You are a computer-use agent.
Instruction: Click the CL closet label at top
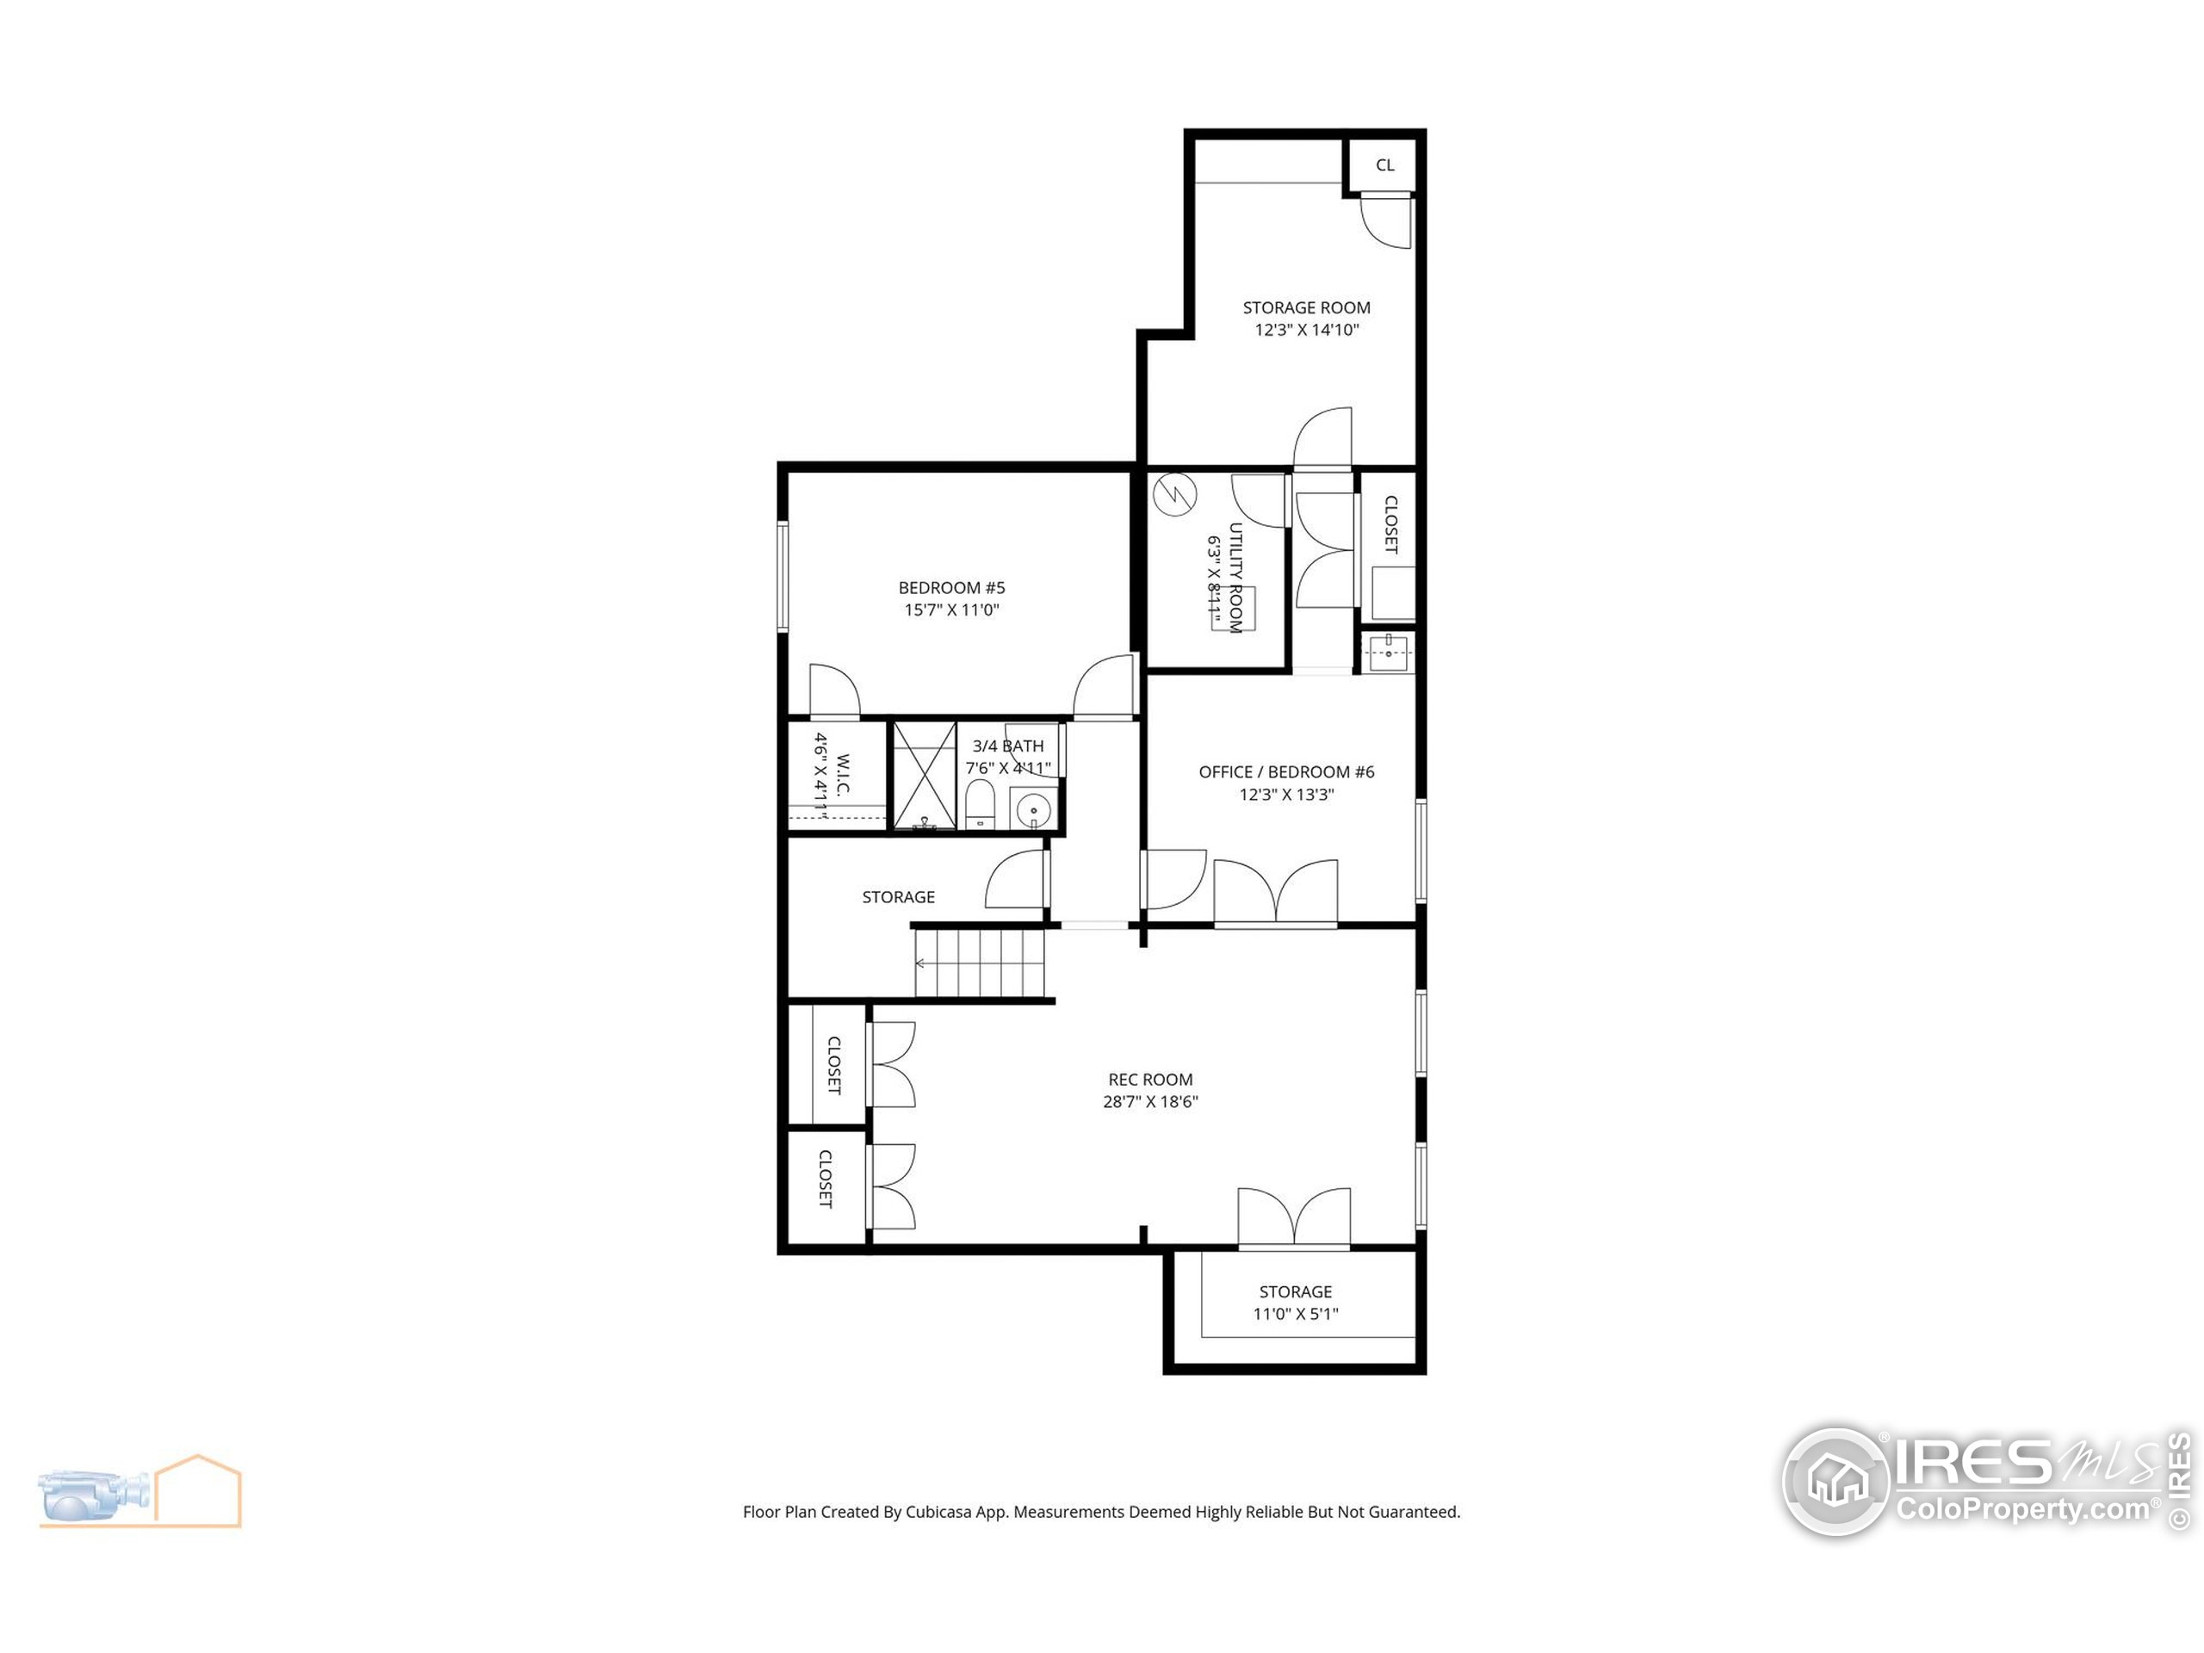click(1384, 165)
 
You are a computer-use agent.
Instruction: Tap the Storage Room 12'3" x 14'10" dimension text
click(1305, 330)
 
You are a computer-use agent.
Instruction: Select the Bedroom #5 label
click(951, 588)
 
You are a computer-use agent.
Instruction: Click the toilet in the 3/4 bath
click(981, 803)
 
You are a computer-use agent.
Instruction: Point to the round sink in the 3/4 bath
click(1033, 808)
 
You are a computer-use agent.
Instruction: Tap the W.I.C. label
click(843, 775)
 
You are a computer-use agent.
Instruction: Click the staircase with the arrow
click(981, 963)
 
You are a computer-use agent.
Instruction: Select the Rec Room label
click(1150, 1079)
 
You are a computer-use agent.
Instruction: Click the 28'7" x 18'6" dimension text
click(1150, 1102)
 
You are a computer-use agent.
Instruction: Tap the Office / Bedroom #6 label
click(1285, 772)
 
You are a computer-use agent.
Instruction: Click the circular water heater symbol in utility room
click(1174, 495)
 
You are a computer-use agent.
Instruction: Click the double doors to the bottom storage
click(1293, 1217)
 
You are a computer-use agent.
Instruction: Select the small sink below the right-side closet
click(1388, 653)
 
